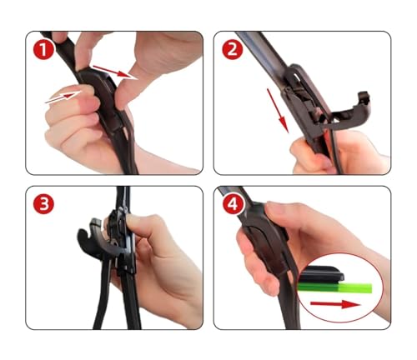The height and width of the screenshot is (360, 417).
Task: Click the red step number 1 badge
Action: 43,50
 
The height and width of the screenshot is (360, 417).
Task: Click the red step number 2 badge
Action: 232,50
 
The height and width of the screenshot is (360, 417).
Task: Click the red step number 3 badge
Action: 43,204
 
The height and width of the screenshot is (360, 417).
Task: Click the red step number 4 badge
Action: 233,204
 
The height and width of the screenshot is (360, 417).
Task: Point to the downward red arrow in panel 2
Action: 278,111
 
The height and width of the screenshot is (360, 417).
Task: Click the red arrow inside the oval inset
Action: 335,304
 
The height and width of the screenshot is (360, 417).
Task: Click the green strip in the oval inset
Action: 335,288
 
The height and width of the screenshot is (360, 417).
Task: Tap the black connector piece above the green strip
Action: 324,273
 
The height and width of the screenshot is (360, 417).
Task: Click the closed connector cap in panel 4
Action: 264,244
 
